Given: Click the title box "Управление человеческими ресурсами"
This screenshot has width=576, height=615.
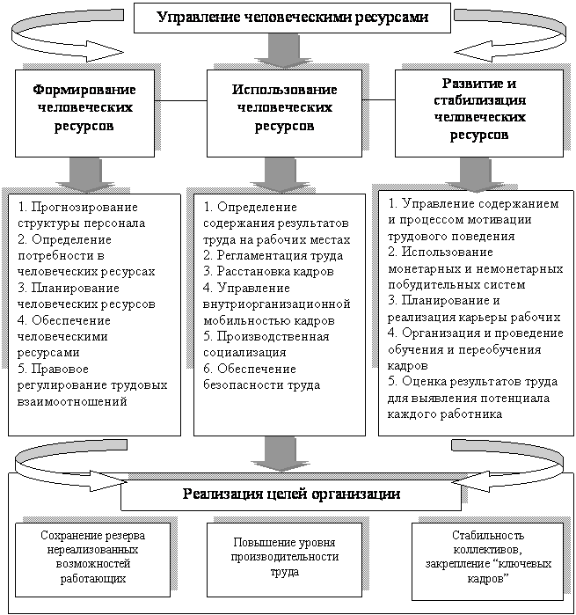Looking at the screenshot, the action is (x=292, y=18).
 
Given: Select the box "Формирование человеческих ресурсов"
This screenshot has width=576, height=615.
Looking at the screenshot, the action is (x=84, y=113).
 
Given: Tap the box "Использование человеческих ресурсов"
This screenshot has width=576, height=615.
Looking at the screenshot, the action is (x=284, y=113).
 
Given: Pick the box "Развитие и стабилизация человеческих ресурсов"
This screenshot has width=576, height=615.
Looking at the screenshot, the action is (x=479, y=113).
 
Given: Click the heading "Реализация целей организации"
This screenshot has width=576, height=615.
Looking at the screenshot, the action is (x=291, y=494).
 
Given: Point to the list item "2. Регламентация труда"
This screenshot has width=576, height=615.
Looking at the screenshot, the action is (x=273, y=256).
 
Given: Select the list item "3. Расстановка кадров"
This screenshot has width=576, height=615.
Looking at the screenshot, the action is (x=268, y=271).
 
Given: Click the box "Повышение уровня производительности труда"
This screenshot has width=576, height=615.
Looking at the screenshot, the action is (x=284, y=560).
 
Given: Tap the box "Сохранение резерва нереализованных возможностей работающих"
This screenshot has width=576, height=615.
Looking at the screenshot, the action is (x=92, y=560).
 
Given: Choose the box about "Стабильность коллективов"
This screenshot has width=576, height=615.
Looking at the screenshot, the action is (x=488, y=561).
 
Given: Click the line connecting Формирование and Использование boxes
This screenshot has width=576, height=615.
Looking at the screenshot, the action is (x=181, y=101).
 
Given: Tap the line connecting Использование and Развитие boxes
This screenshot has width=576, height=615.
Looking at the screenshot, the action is (x=378, y=100).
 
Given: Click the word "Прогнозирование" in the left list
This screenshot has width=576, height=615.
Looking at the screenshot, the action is (x=84, y=207).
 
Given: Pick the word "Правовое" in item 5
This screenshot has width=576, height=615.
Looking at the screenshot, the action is (x=60, y=369).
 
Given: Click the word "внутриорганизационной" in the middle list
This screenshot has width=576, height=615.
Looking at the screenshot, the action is (x=277, y=304).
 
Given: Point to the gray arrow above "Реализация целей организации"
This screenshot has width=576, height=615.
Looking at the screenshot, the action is (x=281, y=454).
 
